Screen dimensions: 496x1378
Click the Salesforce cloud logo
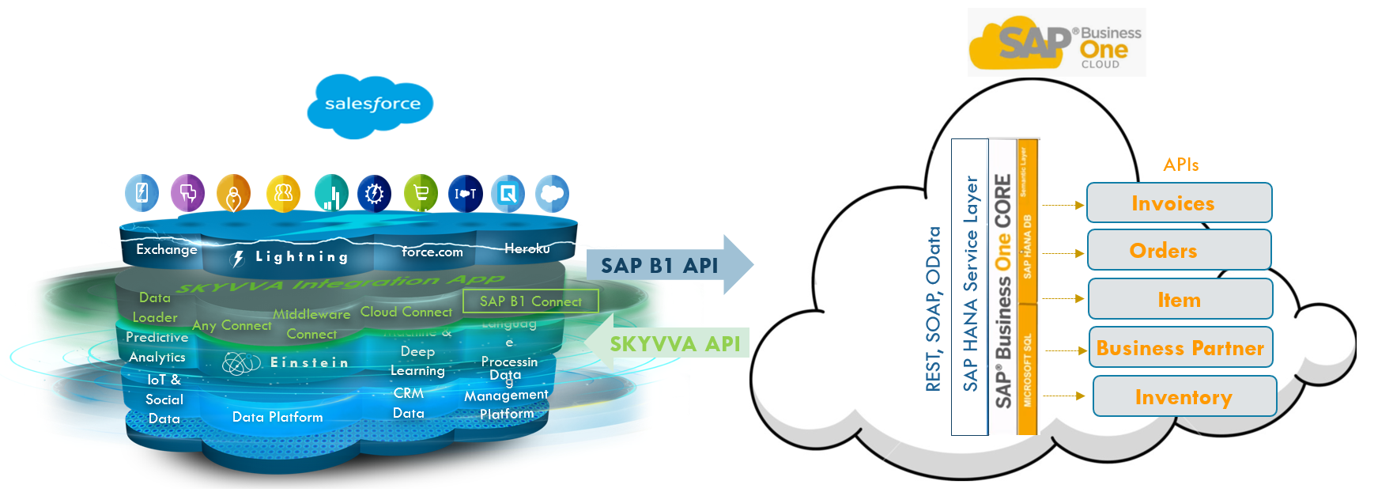point(372,104)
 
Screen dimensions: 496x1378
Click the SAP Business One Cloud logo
point(1056,44)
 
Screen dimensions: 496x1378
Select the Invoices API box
point(1179,203)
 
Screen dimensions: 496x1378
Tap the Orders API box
point(1179,251)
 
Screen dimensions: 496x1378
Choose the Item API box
point(1180,300)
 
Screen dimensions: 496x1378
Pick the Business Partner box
point(1180,348)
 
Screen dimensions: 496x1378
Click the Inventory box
point(1184,397)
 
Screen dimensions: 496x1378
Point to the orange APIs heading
point(1180,165)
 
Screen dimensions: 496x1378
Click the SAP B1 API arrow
point(668,265)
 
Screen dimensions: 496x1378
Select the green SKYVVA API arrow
point(672,343)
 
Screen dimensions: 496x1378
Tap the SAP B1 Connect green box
point(530,301)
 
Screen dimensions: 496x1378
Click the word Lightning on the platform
point(301,257)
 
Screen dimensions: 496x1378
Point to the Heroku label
point(527,248)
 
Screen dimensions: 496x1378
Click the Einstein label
point(308,362)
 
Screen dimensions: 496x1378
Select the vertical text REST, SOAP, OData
point(933,309)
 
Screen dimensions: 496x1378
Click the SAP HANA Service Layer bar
point(970,285)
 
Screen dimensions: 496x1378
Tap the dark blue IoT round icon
point(465,194)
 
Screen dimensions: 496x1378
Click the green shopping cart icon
point(421,194)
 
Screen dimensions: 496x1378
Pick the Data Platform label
point(277,417)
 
